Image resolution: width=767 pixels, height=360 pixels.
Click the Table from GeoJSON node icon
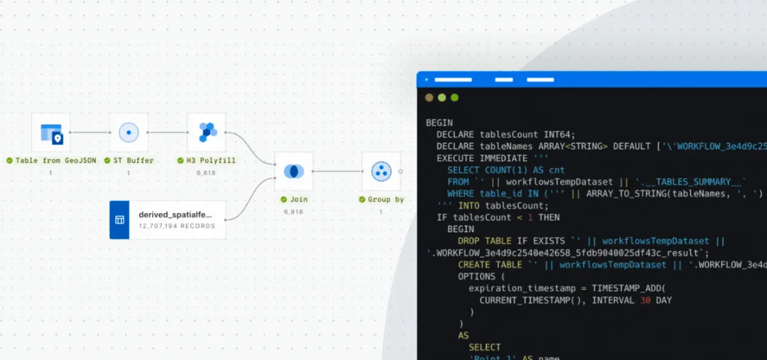click(51, 132)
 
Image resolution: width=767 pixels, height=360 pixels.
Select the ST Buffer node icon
click(129, 132)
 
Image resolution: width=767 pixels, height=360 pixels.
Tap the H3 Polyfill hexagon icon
click(207, 132)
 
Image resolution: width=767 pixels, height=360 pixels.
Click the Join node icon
click(293, 171)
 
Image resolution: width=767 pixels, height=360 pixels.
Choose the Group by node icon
click(381, 171)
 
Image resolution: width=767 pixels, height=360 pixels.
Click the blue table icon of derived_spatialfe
click(119, 219)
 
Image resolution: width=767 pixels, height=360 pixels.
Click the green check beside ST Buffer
click(108, 160)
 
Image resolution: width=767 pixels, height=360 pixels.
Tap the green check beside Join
click(283, 200)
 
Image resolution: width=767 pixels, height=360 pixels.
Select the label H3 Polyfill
click(210, 160)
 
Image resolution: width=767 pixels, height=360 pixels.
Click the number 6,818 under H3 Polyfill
click(207, 173)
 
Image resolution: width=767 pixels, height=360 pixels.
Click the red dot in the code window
click(429, 97)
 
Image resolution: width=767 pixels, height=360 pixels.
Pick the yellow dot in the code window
click(442, 97)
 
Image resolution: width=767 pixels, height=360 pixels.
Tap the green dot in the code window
click(455, 97)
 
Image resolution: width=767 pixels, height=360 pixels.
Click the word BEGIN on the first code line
click(439, 122)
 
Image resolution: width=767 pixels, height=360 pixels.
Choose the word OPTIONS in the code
click(479, 276)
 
